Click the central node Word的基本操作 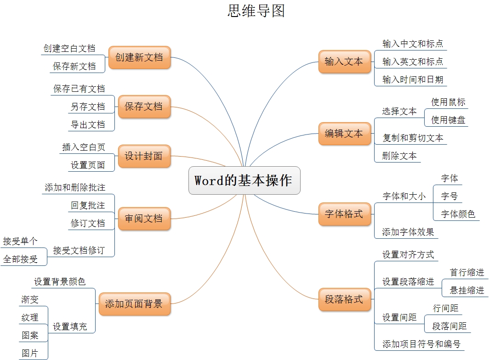(x=244, y=180)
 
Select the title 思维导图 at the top (x=256, y=11)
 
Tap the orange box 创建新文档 (x=139, y=57)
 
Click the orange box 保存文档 (x=144, y=107)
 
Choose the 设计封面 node (x=144, y=156)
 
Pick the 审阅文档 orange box (x=144, y=219)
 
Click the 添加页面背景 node (x=134, y=304)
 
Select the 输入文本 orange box (x=344, y=62)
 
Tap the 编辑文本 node (x=344, y=134)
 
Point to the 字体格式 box (x=344, y=214)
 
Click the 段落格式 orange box (x=344, y=299)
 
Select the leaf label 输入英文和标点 (x=413, y=62)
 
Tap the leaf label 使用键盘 (x=448, y=120)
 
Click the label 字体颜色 (x=458, y=214)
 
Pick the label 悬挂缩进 (x=467, y=290)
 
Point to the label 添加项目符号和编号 (x=421, y=344)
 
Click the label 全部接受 (x=20, y=259)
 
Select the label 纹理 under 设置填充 (x=30, y=317)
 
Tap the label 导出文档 (x=88, y=124)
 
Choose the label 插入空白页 (x=84, y=147)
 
